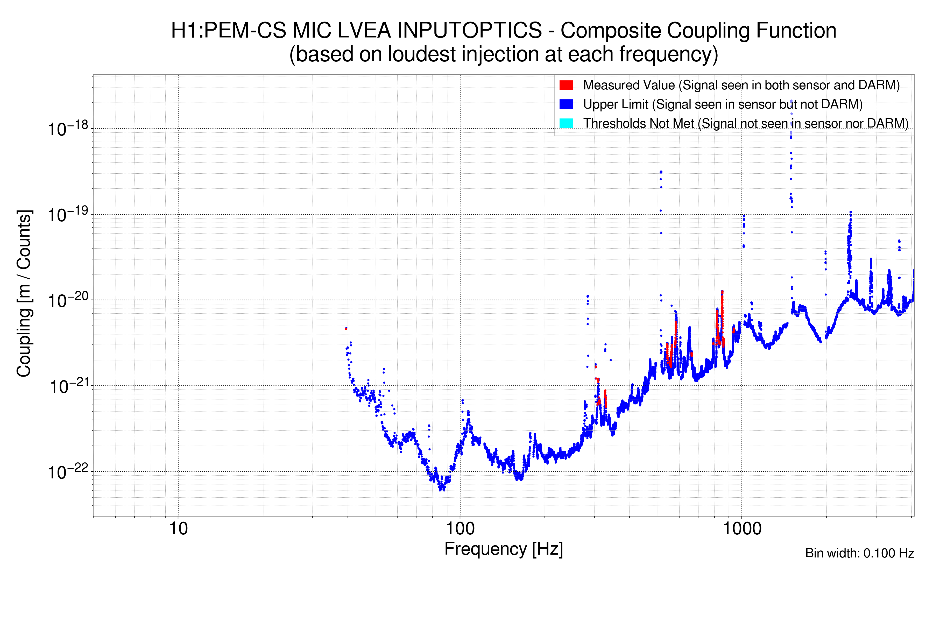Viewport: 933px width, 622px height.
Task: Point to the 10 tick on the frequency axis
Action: (x=178, y=529)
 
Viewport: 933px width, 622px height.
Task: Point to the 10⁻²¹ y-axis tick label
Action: (x=68, y=386)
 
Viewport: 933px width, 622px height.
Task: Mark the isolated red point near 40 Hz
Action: (x=346, y=328)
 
